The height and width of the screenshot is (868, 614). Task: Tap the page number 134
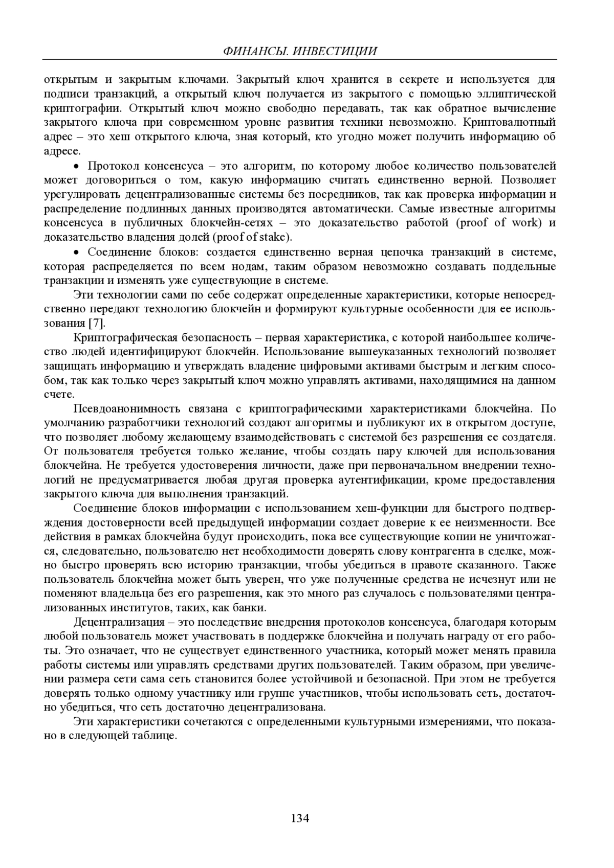(x=300, y=818)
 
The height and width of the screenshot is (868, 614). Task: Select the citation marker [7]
(x=96, y=323)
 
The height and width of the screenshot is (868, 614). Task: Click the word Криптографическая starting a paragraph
(x=125, y=338)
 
